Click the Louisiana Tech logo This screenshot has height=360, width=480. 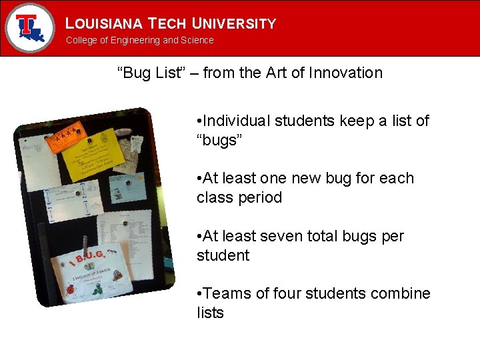[x=29, y=28]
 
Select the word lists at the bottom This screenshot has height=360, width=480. [x=210, y=313]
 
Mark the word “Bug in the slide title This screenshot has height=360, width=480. [x=135, y=73]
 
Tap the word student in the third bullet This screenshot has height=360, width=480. [x=223, y=255]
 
